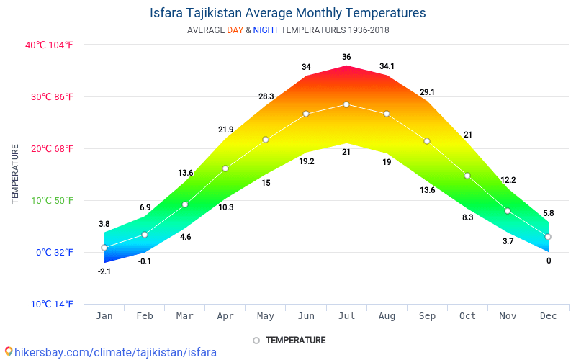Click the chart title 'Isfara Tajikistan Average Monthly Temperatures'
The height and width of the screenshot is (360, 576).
(x=288, y=13)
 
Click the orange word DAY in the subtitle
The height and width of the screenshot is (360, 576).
(x=235, y=30)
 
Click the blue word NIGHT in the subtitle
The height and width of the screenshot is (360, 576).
(x=266, y=30)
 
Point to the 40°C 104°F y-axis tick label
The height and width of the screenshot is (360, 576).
(x=49, y=45)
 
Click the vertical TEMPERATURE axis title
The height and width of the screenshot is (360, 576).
(x=15, y=174)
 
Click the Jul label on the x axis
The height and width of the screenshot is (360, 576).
(x=346, y=315)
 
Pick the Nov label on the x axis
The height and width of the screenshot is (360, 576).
(x=508, y=315)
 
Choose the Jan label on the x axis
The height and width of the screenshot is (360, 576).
(x=104, y=315)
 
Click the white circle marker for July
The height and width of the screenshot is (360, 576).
(x=346, y=104)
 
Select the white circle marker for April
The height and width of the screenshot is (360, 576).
(x=225, y=168)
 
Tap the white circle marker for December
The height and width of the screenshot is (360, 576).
(x=548, y=237)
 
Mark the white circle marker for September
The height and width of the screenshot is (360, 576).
(x=427, y=141)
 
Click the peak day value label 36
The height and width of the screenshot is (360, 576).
(x=346, y=57)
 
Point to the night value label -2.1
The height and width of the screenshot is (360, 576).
(x=104, y=271)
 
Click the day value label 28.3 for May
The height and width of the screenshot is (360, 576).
(x=266, y=96)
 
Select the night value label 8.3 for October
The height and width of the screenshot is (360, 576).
(x=467, y=217)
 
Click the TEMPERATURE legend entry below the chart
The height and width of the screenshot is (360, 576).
(x=289, y=340)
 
